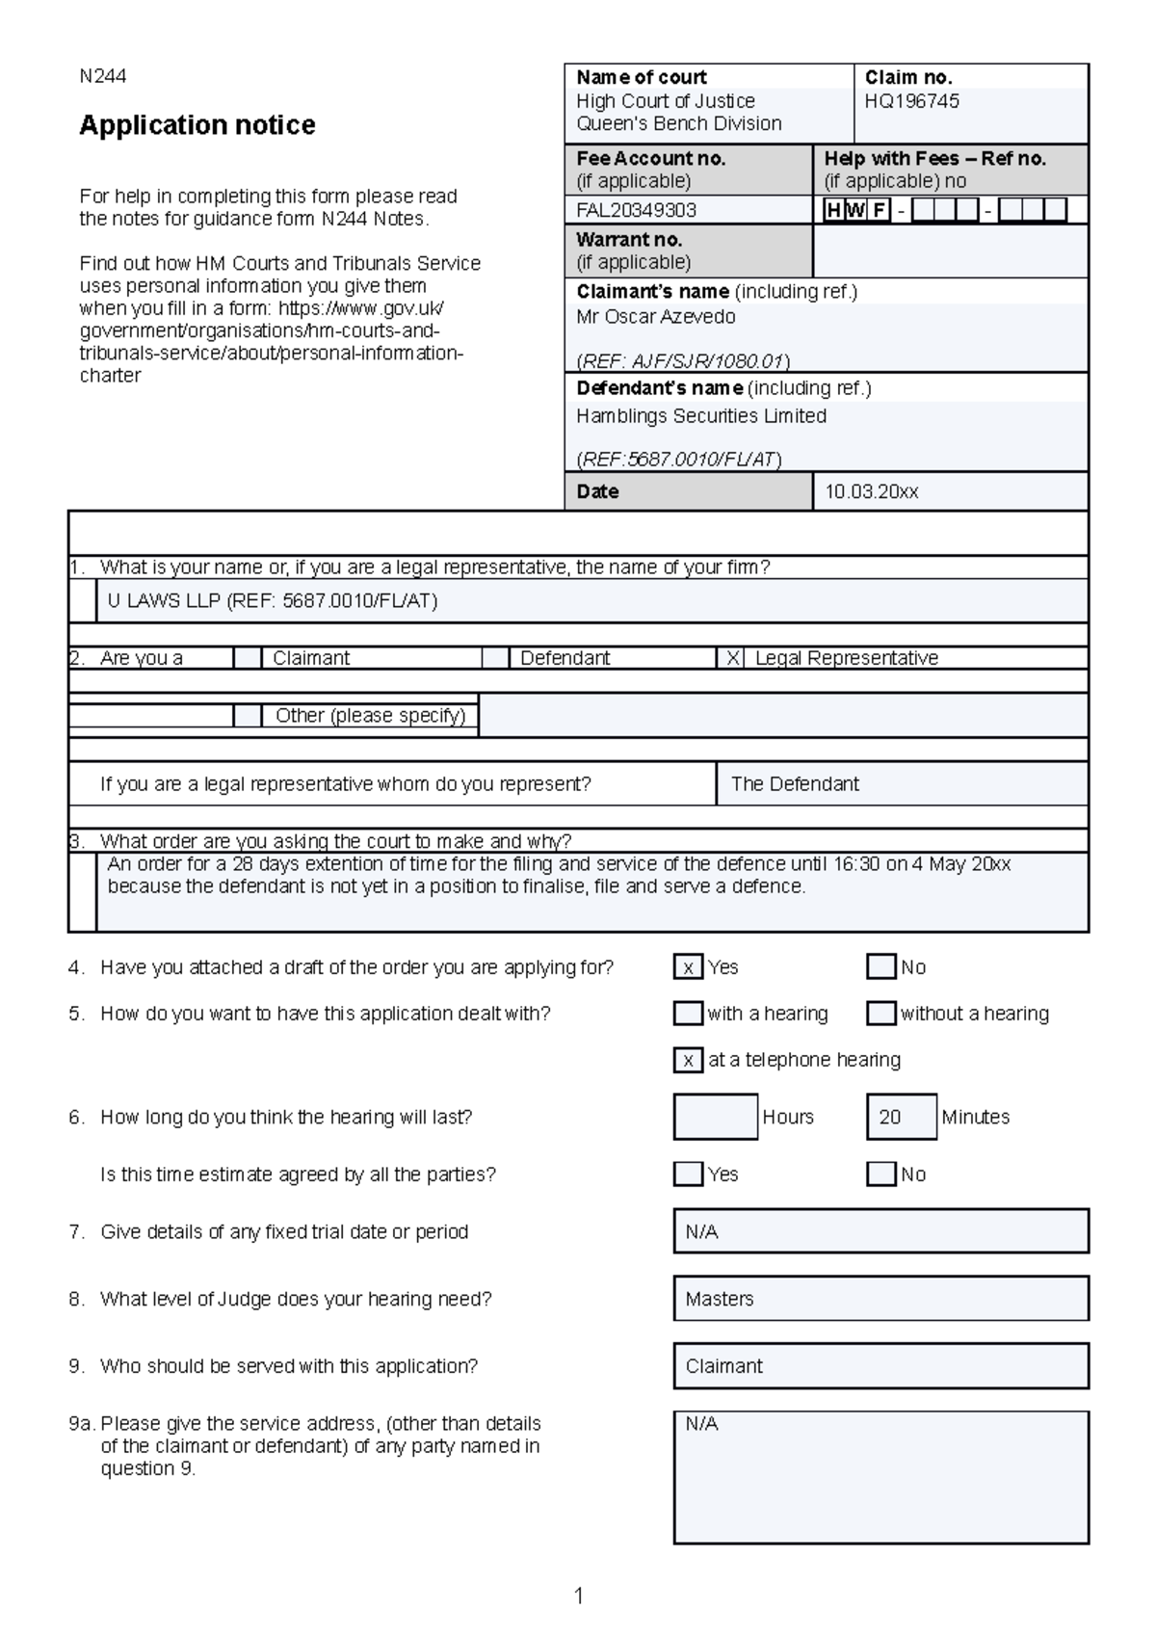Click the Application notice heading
click(x=197, y=125)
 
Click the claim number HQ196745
click(x=911, y=101)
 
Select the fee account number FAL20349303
click(x=636, y=210)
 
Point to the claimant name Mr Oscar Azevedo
click(x=655, y=317)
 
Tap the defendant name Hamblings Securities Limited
click(x=700, y=416)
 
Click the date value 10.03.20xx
click(x=871, y=491)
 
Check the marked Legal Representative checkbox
click(x=732, y=658)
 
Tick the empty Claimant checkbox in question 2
click(x=248, y=658)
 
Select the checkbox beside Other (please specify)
click(x=248, y=716)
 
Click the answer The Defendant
click(x=795, y=784)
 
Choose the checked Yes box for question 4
click(x=688, y=967)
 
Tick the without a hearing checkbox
click(x=881, y=1014)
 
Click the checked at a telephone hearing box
click(x=688, y=1061)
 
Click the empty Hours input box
click(x=715, y=1118)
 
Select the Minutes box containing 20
click(x=901, y=1118)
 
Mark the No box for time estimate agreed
click(x=881, y=1174)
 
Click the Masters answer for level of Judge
click(x=720, y=1299)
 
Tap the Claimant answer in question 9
click(x=723, y=1366)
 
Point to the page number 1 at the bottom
click(x=579, y=1596)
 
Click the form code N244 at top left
click(x=102, y=76)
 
